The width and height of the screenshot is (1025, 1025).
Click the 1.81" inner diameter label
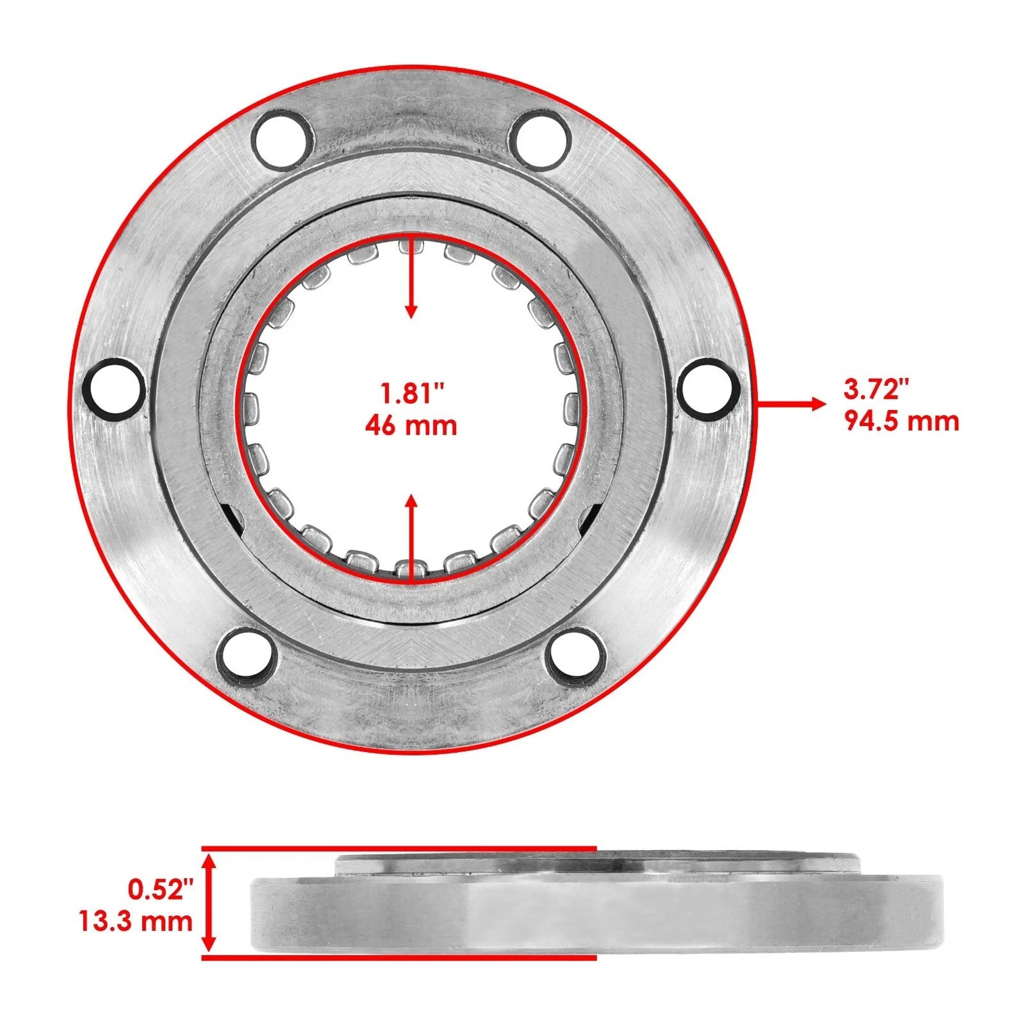click(411, 393)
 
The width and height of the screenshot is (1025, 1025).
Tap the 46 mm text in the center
click(411, 425)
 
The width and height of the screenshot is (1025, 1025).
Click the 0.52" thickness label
click(160, 889)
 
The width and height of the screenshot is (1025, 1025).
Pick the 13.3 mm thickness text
click(135, 921)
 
